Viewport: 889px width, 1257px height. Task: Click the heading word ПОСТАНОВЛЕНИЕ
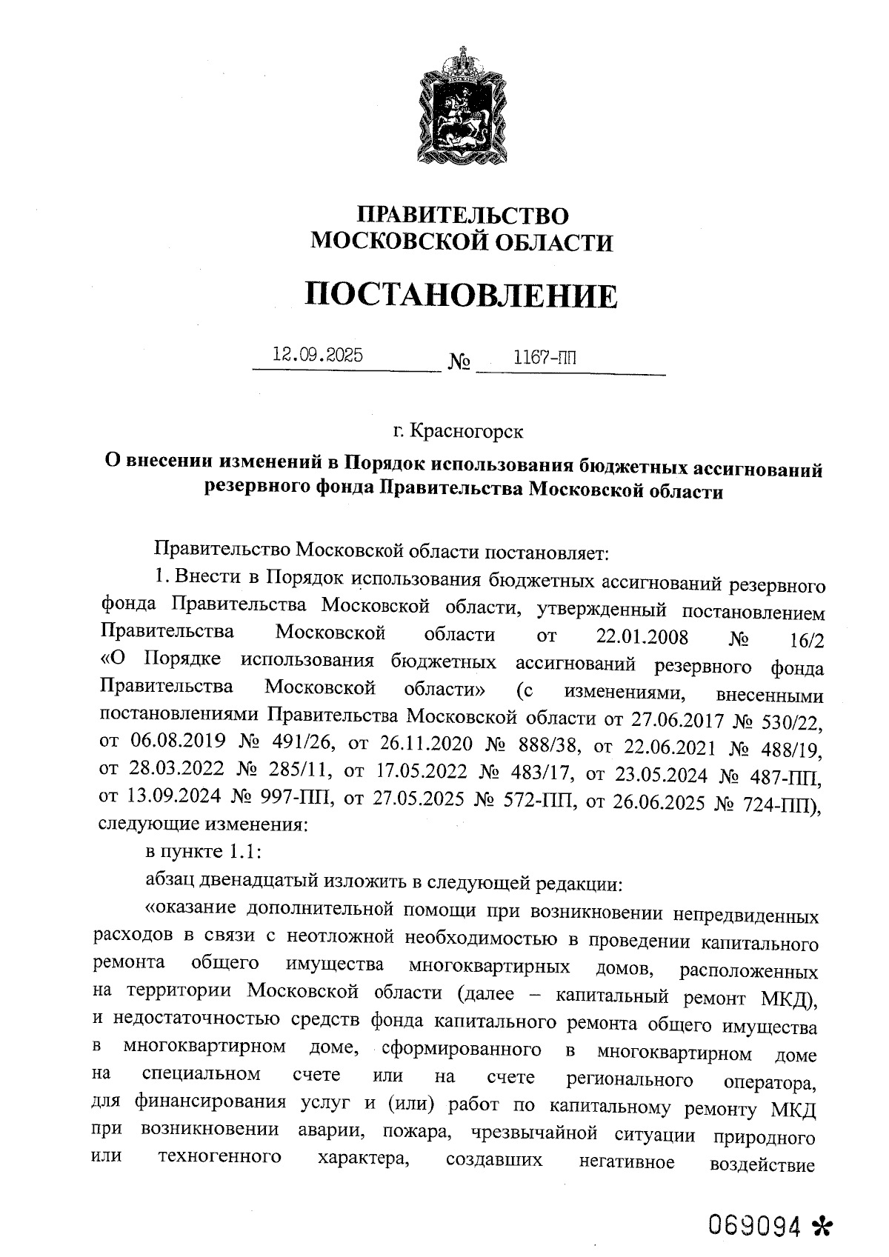pyautogui.click(x=462, y=296)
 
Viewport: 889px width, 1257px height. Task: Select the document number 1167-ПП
pyautogui.click(x=545, y=358)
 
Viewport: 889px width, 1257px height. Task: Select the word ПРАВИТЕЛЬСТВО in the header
pyautogui.click(x=463, y=216)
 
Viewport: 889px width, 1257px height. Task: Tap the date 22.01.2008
pyautogui.click(x=642, y=637)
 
